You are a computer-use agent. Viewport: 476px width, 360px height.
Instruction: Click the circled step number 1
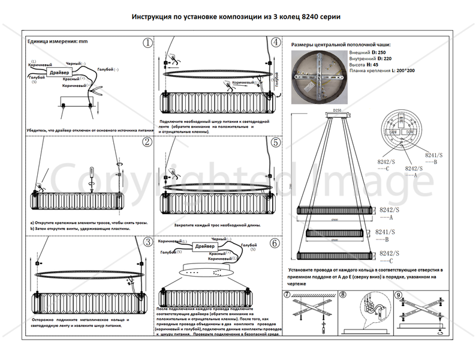tap(147, 43)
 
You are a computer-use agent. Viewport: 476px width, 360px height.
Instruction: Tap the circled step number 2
tap(147, 142)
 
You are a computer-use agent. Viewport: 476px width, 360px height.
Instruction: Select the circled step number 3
tap(147, 242)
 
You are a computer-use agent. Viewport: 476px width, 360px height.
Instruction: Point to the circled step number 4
tap(275, 43)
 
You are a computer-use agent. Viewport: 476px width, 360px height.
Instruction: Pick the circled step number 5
tap(275, 142)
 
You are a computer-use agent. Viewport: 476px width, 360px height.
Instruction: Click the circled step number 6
tap(275, 243)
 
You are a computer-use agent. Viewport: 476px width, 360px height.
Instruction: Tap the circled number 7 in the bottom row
tap(287, 295)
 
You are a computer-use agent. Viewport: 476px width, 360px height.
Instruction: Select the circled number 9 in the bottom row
tap(399, 295)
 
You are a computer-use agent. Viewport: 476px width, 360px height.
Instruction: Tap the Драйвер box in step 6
tap(205, 247)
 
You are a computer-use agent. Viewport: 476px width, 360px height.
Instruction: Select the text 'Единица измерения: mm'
tap(58, 43)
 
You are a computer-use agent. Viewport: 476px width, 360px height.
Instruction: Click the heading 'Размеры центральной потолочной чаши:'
tap(340, 45)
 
